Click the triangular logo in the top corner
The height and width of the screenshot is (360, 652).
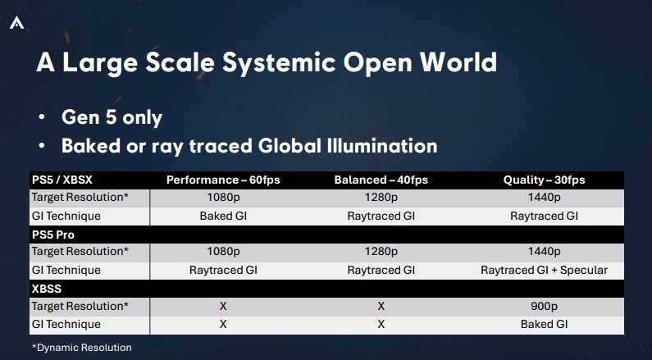point(16,23)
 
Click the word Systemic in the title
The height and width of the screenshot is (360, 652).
point(279,63)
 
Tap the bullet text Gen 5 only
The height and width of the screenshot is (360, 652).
point(112,117)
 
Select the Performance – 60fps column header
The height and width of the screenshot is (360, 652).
point(223,180)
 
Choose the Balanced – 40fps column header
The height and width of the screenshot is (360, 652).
point(381,180)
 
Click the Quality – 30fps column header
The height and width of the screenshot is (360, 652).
point(545,180)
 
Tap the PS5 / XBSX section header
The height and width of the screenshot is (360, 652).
point(62,180)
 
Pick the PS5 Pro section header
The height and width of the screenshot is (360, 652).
point(53,235)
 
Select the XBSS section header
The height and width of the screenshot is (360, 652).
point(47,289)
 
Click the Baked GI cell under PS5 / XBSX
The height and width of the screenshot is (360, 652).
point(223,216)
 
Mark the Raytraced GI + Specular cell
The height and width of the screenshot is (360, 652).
point(545,271)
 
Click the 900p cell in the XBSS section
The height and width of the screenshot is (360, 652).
point(545,307)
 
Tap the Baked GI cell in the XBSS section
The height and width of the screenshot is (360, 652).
point(545,324)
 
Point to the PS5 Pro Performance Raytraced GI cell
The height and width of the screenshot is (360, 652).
point(223,271)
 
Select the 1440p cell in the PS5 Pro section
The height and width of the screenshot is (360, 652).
point(545,252)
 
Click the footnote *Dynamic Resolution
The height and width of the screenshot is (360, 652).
point(82,348)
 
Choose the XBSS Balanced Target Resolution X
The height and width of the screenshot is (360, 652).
point(381,307)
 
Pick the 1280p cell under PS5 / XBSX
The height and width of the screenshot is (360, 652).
point(381,198)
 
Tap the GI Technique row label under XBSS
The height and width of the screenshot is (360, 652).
point(66,324)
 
